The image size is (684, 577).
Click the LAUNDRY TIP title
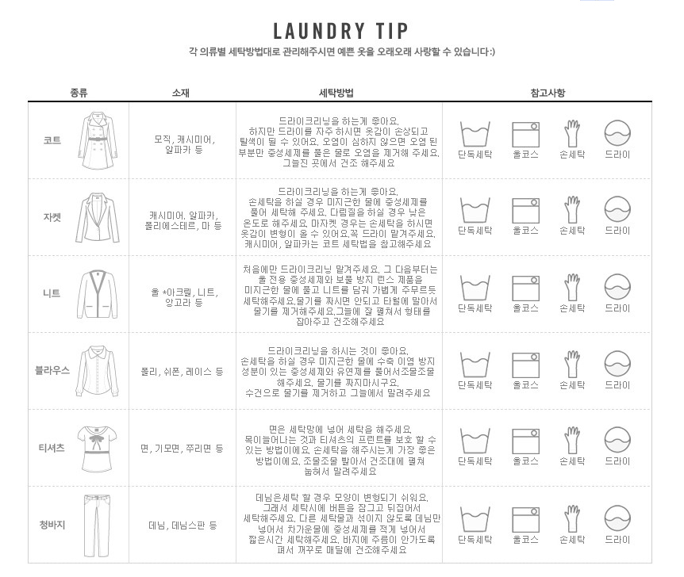click(340, 31)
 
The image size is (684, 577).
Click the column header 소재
click(181, 93)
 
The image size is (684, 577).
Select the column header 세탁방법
click(336, 93)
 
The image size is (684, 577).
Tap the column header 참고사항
click(548, 93)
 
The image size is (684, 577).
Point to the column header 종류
click(79, 93)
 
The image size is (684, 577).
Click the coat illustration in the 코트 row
click(98, 140)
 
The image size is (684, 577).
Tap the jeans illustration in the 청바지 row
click(97, 525)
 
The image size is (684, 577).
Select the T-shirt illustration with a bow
click(98, 449)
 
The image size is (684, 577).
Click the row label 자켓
click(52, 217)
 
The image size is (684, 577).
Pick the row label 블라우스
click(52, 370)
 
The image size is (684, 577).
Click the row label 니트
click(52, 293)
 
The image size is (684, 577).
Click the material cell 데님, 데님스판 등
click(183, 525)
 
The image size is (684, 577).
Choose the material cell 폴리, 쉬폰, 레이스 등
click(182, 372)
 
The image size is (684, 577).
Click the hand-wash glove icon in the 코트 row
click(572, 133)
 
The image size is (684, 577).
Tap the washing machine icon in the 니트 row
click(525, 288)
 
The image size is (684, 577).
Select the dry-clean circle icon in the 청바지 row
click(617, 518)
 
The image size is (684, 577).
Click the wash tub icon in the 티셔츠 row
click(475, 441)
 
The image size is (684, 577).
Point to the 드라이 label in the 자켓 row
click(617, 231)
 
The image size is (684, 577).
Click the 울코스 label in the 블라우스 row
click(525, 385)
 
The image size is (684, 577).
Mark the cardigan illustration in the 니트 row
click(98, 295)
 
